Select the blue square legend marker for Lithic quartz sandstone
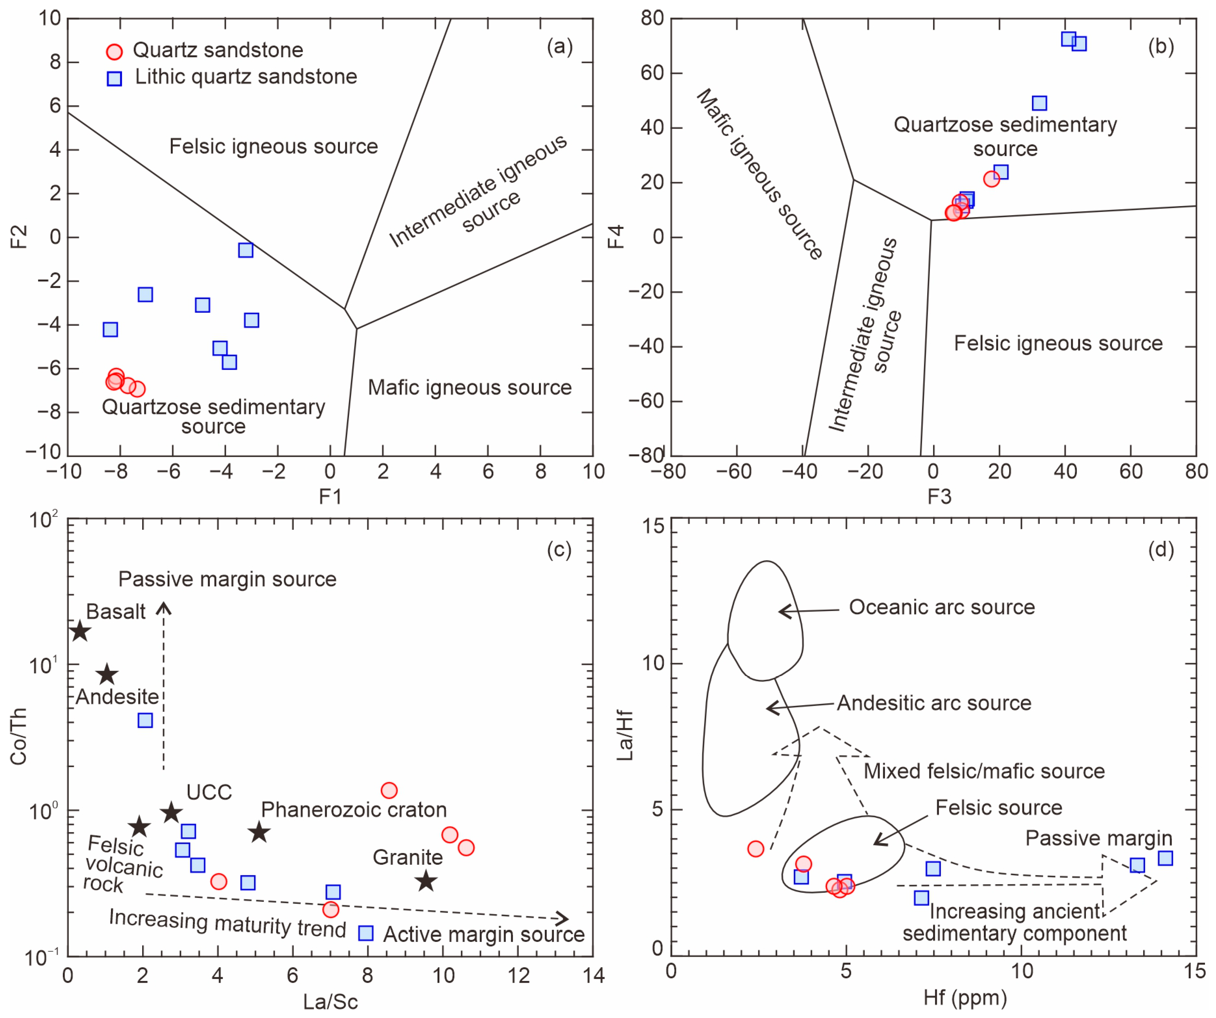click(115, 78)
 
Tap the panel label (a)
click(560, 46)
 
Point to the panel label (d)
click(1161, 549)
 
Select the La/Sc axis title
click(331, 1001)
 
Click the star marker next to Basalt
click(80, 631)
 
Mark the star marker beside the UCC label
click(172, 812)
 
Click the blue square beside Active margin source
click(366, 934)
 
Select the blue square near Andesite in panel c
click(145, 720)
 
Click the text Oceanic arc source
click(942, 607)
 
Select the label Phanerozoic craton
click(354, 810)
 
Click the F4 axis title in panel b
click(616, 236)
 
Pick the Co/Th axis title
click(18, 735)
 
